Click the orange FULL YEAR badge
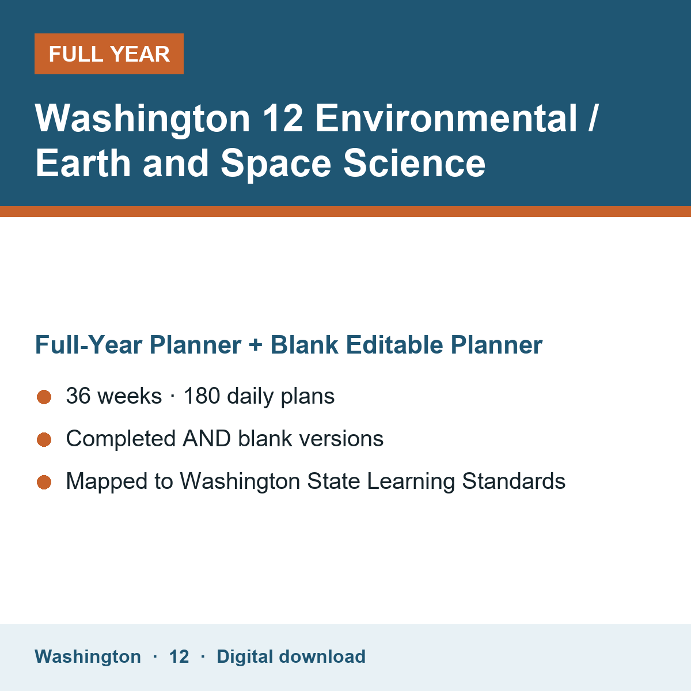click(109, 54)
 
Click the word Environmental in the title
click(446, 118)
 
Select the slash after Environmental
click(593, 118)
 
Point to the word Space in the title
click(276, 165)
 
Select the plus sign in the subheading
click(255, 345)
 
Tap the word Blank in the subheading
click(304, 344)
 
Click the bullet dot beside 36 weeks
click(44, 397)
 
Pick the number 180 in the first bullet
click(202, 396)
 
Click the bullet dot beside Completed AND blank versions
click(44, 439)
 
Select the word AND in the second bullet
click(207, 439)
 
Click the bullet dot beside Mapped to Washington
click(44, 482)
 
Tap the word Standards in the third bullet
click(514, 481)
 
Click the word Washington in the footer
click(88, 656)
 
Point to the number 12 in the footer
click(179, 656)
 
